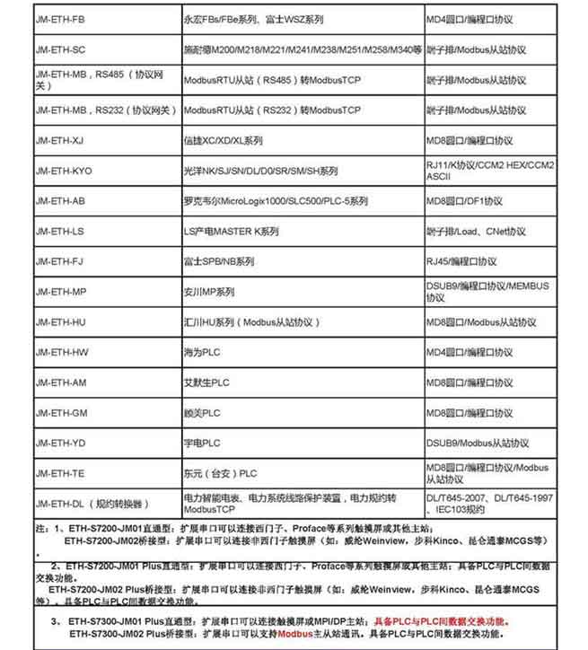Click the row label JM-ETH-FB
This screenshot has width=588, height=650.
pos(61,17)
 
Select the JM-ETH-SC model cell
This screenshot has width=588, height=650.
pos(61,48)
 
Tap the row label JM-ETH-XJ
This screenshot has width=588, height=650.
pos(61,140)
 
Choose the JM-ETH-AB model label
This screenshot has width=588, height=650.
pos(61,201)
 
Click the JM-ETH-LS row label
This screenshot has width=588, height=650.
pos(61,231)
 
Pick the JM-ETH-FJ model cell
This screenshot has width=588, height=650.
pos(61,261)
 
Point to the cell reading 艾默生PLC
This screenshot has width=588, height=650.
pos(207,382)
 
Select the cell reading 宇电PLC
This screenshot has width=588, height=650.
pos(202,443)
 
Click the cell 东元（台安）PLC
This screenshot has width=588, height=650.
pos(221,473)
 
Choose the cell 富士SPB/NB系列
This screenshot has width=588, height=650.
pos(219,261)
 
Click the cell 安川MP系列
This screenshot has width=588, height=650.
pos(209,292)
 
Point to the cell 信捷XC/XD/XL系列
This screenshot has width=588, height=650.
pos(224,140)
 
